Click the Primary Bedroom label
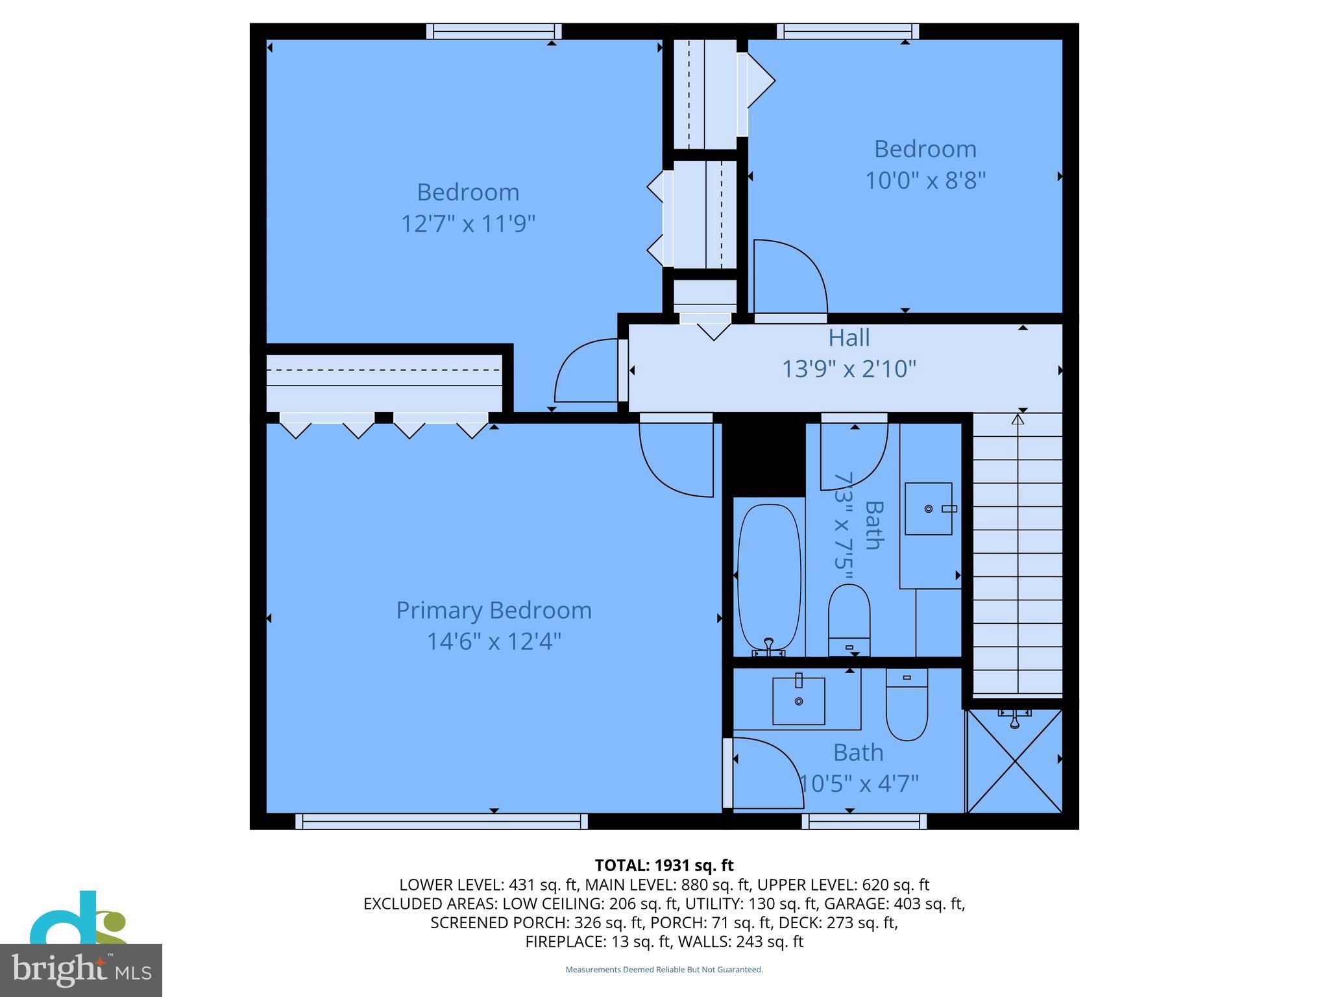[x=494, y=610]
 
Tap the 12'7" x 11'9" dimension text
[x=468, y=224]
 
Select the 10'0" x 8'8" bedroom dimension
[x=925, y=180]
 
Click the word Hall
[x=849, y=338]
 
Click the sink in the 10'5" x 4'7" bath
[x=798, y=701]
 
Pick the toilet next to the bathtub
[x=849, y=620]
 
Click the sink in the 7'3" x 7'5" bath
[x=929, y=508]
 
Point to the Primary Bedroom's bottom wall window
[x=441, y=821]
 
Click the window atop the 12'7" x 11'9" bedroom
[x=494, y=31]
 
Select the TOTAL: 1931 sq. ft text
[x=664, y=865]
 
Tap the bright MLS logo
[x=81, y=970]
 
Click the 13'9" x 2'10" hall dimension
[x=849, y=369]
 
